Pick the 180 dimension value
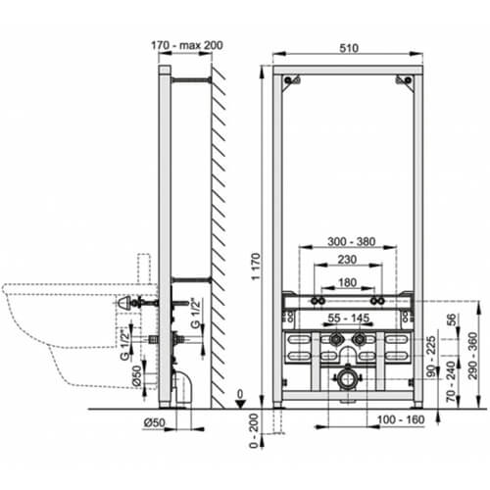tap(346, 284)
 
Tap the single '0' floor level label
tap(240, 392)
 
